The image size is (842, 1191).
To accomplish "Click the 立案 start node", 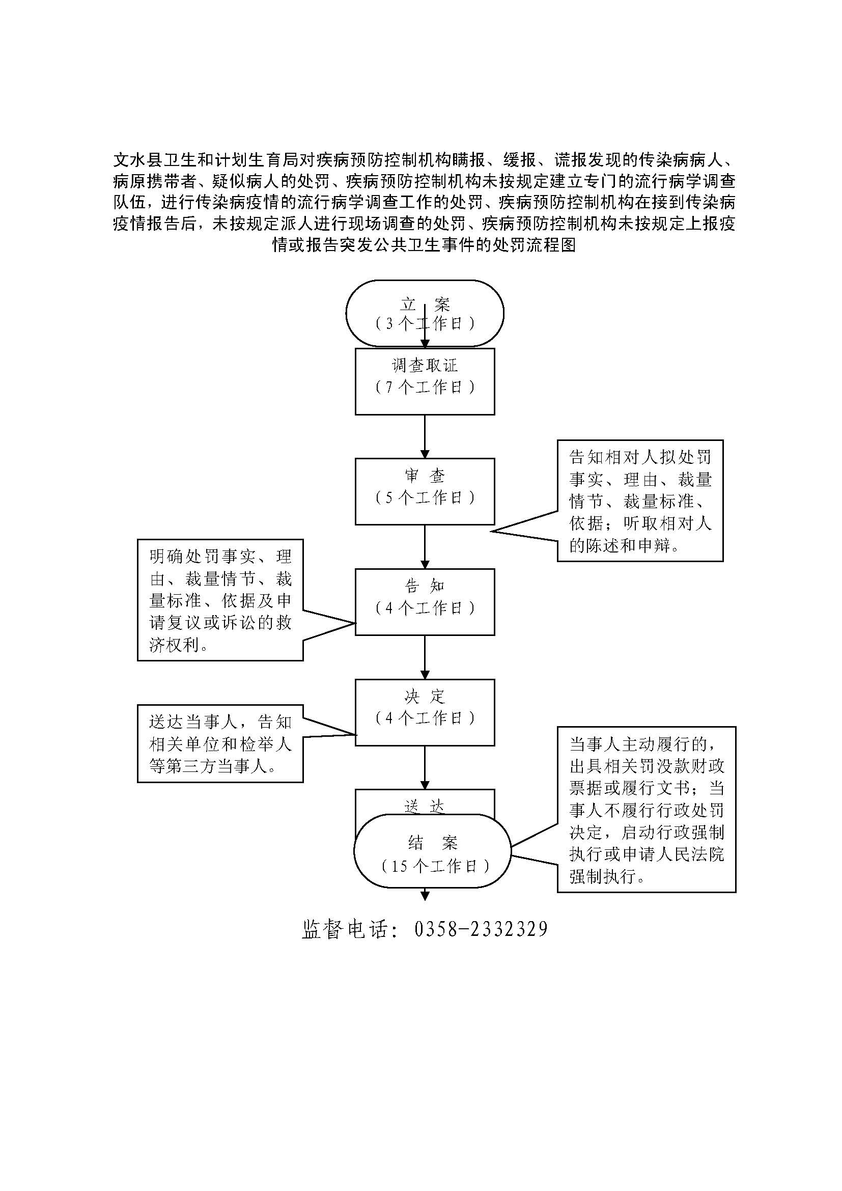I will [x=425, y=313].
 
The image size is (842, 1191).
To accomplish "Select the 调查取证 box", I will [x=425, y=381].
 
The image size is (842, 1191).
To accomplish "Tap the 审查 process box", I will [x=425, y=491].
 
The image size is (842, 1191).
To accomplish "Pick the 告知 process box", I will [x=425, y=602].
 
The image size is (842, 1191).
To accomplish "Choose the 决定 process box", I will [x=425, y=712].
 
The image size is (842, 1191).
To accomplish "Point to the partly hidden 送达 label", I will [x=425, y=806].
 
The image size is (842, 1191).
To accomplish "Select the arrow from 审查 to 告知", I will [x=425, y=547].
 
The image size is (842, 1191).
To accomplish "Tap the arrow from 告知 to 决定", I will [x=425, y=657].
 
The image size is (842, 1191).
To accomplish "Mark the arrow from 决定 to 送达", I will [x=425, y=768].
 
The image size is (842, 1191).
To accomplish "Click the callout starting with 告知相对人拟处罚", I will [x=640, y=501].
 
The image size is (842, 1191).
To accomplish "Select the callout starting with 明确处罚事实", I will [x=220, y=600].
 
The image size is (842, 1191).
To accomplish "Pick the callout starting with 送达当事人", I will [x=220, y=744].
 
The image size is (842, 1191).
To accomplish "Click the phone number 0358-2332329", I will [x=481, y=929].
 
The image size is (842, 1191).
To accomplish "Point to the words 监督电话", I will [x=344, y=929].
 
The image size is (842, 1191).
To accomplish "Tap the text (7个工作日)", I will [x=425, y=387].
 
